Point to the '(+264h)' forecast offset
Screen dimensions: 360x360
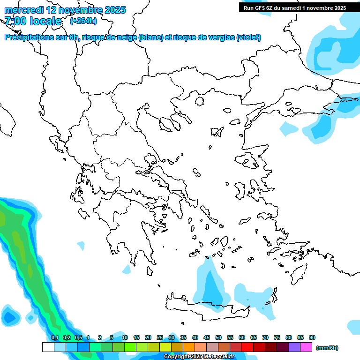click(83, 21)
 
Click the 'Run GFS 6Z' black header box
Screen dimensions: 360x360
click(294, 7)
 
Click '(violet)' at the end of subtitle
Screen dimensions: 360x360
click(249, 37)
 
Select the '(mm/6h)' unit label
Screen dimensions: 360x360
click(327, 348)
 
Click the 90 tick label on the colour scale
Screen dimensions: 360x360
click(312, 337)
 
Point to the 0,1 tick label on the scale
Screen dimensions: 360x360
click(54, 337)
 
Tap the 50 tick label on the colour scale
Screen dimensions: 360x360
click(218, 337)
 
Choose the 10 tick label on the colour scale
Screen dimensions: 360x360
click(125, 337)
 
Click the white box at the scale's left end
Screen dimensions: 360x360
click(48, 347)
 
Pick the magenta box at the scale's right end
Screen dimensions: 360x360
click(306, 347)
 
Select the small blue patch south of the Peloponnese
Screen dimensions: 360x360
click(127, 270)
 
